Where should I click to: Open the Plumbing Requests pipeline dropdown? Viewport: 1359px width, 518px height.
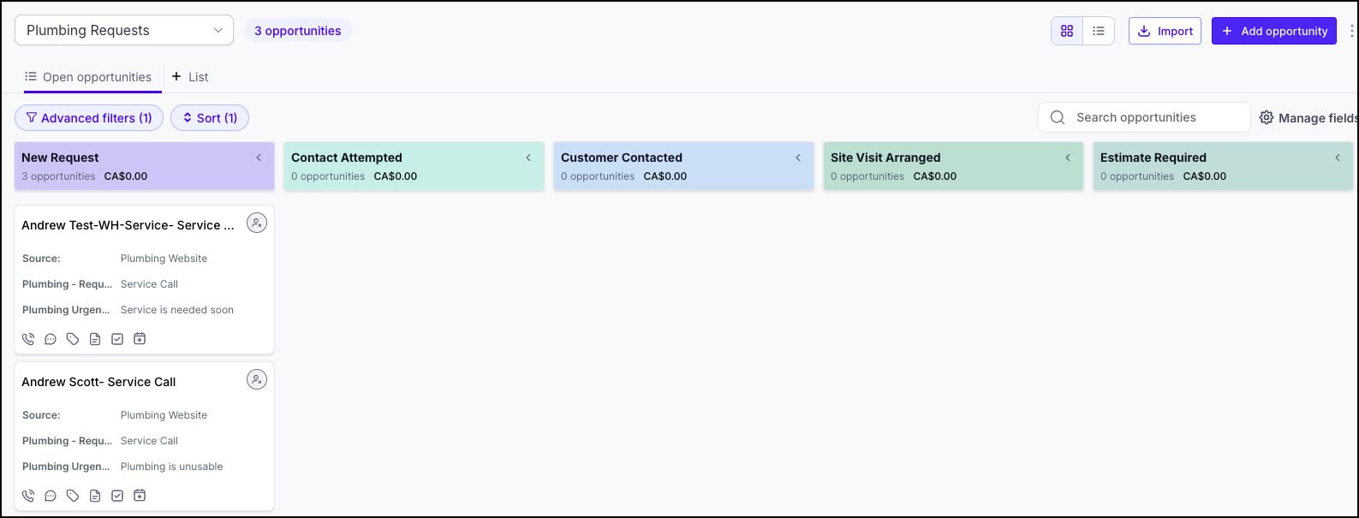(124, 30)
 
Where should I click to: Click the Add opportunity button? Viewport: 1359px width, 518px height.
(1273, 31)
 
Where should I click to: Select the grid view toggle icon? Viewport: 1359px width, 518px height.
(1067, 31)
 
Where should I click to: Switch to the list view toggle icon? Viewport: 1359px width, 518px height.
(1098, 31)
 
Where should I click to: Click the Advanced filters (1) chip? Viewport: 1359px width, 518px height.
(88, 117)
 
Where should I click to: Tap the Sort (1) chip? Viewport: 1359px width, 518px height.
(209, 117)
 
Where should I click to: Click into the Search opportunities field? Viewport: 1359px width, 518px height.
(1144, 117)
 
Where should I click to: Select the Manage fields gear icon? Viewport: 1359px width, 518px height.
(1267, 117)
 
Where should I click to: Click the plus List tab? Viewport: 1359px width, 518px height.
(190, 77)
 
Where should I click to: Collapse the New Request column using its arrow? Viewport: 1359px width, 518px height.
(259, 158)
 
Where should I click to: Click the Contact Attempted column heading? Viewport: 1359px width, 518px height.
(347, 158)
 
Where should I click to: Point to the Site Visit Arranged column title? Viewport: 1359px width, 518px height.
(885, 158)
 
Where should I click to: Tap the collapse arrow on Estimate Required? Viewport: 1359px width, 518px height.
(1338, 158)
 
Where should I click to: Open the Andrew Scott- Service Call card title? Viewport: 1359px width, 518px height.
(98, 382)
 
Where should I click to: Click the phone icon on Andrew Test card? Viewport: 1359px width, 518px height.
(28, 339)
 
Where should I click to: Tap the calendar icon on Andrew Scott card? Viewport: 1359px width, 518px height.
(140, 496)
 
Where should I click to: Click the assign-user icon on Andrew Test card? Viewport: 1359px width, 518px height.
(257, 223)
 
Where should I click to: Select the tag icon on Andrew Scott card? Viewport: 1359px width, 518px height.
(73, 496)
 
